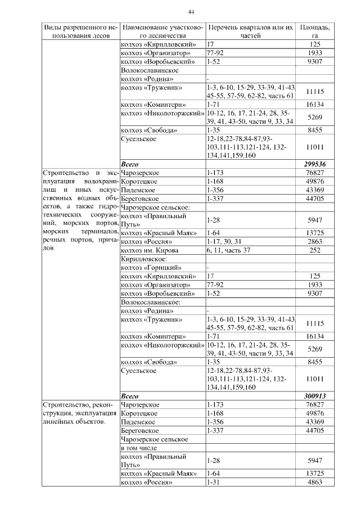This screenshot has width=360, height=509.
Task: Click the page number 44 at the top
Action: pos(191,12)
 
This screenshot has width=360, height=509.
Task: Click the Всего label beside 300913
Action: pos(130,395)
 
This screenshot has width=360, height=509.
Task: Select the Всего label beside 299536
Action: pos(130,164)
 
